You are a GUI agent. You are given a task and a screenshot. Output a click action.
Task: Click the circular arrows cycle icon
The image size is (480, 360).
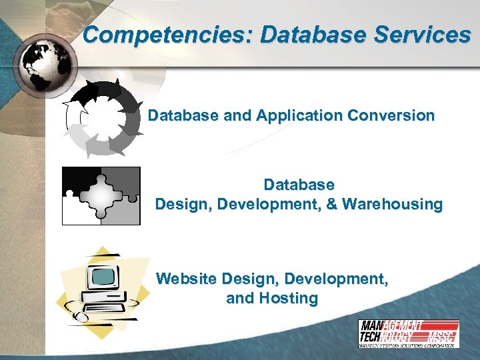102,117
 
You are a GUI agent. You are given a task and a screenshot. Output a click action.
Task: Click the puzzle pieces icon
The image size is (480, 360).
101,196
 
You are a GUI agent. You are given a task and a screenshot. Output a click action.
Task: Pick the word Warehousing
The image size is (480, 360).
393,203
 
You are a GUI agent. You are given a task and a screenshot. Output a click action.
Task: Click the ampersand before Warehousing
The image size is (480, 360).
331,203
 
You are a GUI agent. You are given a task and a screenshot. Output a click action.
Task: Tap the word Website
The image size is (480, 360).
186,279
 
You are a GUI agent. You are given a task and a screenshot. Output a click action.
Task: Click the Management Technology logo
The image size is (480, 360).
408,333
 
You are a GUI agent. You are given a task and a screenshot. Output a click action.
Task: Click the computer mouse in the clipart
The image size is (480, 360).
79,315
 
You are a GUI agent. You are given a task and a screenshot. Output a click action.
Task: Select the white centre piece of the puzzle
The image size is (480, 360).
101,196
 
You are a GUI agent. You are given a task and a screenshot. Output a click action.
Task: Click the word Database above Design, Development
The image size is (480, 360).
299,183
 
